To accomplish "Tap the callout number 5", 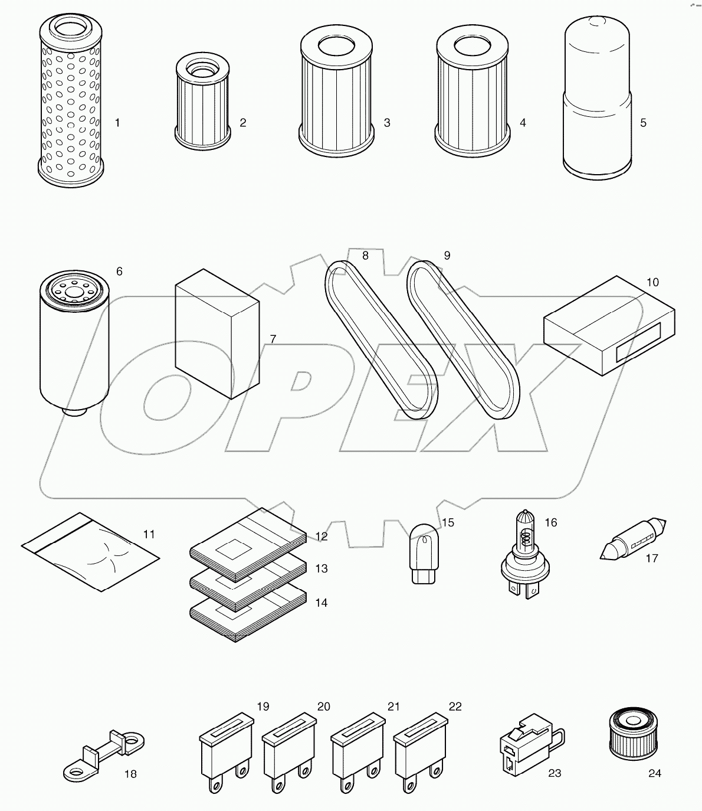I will (643, 123).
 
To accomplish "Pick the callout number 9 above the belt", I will (447, 256).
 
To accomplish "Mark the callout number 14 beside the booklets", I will (321, 603).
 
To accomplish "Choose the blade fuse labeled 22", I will (418, 747).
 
